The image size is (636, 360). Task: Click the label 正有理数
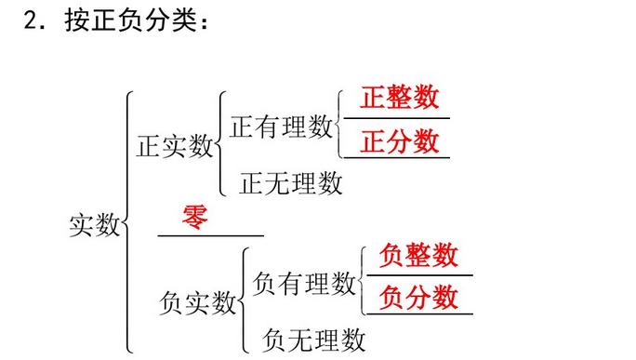click(281, 127)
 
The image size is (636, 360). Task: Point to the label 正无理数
click(291, 182)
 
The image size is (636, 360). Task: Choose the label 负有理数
click(304, 282)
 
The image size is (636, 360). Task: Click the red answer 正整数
click(400, 99)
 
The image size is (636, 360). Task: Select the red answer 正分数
click(400, 141)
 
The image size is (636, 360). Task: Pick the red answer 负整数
click(419, 254)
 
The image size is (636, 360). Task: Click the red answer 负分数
click(419, 297)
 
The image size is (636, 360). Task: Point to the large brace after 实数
click(128, 223)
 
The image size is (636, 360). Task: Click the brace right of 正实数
click(220, 143)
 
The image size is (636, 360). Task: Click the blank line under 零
click(211, 235)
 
